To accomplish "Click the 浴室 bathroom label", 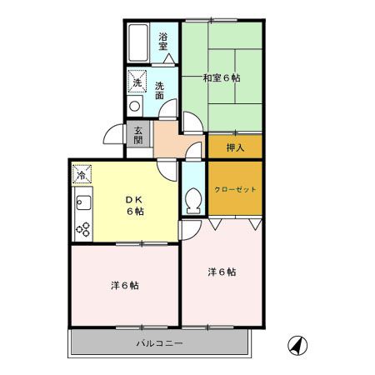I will [164, 41].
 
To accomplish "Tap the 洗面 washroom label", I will [159, 88].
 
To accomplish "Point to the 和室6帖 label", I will [222, 77].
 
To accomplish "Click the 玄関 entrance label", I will [137, 134].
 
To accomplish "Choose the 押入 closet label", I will [235, 147].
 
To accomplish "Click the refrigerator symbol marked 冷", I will [82, 173].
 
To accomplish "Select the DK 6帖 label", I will [135, 205].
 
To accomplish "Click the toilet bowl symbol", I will [192, 201].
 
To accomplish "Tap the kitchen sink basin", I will [82, 202].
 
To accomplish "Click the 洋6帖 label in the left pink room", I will [125, 285].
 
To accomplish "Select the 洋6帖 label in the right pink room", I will [222, 271].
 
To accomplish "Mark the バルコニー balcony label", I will [160, 342].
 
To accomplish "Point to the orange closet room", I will [235, 187].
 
